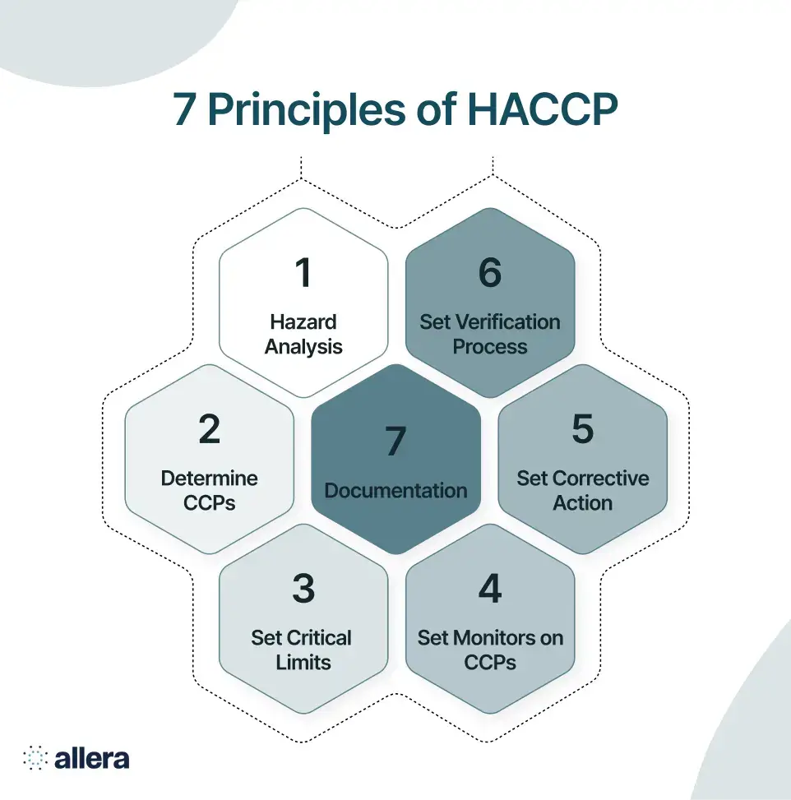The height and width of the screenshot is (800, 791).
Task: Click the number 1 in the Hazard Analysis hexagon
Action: click(303, 274)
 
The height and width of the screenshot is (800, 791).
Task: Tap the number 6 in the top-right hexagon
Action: click(490, 274)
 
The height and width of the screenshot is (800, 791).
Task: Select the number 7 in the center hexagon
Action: click(396, 442)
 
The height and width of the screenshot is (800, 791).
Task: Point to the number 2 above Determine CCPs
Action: click(210, 430)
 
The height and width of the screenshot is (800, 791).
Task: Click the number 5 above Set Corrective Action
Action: click(583, 430)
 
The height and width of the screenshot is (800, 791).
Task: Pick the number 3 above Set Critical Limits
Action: click(303, 590)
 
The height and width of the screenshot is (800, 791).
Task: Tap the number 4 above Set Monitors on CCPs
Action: click(490, 590)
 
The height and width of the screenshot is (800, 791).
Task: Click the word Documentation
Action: click(396, 491)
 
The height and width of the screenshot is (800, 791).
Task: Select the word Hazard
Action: click(303, 321)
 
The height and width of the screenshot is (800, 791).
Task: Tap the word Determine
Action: click(210, 479)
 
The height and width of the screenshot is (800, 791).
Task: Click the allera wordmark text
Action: click(91, 757)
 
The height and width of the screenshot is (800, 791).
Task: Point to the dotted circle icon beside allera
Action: click(35, 757)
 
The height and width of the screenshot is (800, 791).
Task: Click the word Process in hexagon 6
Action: click(490, 346)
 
